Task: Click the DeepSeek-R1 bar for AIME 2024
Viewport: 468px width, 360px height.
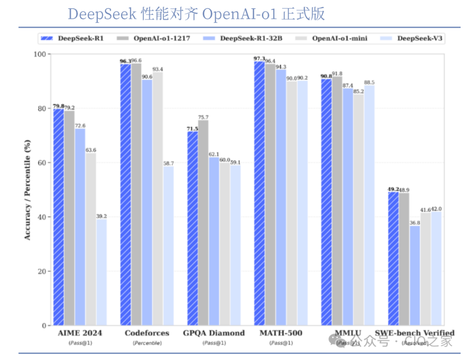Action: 58,217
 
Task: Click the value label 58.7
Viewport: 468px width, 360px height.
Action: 169,163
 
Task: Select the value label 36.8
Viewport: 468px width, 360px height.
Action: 415,223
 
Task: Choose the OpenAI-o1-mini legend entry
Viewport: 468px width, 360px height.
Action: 339,39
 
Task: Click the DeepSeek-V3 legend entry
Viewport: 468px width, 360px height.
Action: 419,39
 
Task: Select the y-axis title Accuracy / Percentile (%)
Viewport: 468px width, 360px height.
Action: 27,190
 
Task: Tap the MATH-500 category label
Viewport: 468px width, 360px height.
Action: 281,333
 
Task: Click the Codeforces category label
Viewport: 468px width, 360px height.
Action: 147,333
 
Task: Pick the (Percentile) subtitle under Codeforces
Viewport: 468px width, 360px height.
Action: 147,343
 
